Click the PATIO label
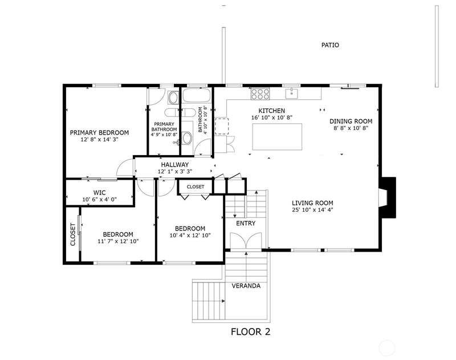click(x=330, y=45)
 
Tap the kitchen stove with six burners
click(x=260, y=94)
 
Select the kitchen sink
click(x=291, y=94)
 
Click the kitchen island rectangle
click(x=277, y=136)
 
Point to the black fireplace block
click(x=389, y=197)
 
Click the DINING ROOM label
click(x=351, y=122)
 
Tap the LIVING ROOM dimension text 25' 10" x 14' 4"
click(x=312, y=210)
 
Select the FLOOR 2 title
click(x=250, y=332)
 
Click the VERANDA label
click(x=246, y=286)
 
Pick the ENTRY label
click(x=246, y=223)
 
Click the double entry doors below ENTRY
click(x=246, y=241)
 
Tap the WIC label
click(x=99, y=193)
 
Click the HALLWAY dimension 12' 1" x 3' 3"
click(x=175, y=172)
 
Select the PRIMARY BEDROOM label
click(x=99, y=133)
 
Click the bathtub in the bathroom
click(x=197, y=95)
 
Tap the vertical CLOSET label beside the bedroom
click(x=73, y=234)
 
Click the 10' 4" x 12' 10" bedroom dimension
click(x=190, y=236)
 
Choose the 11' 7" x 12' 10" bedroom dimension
click(x=118, y=241)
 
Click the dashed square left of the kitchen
click(x=222, y=126)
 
